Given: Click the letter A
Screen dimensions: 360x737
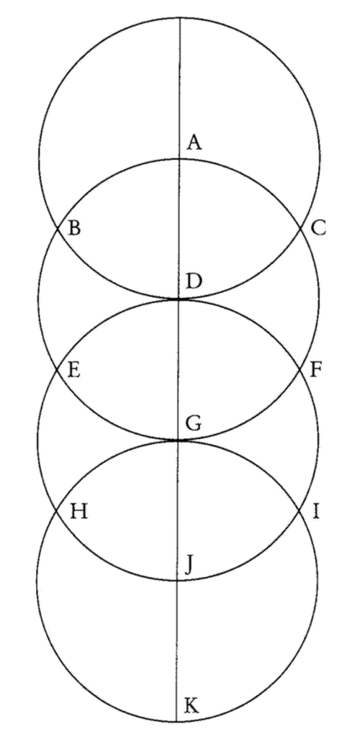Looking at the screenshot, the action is [x=194, y=142].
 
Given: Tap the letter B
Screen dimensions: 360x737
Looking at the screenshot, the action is [x=73, y=229].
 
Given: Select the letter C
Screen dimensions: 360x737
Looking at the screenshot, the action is [x=318, y=229].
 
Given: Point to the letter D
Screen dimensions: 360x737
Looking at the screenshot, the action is [x=194, y=282].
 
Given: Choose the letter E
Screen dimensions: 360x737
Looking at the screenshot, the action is [x=73, y=370].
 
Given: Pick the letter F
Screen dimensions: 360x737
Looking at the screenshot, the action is [x=316, y=370].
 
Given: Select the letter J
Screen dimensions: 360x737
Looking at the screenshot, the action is [x=189, y=567].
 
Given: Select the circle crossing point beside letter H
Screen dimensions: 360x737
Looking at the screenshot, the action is [x=56, y=510].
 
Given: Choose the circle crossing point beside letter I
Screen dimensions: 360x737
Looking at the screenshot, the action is [x=300, y=510].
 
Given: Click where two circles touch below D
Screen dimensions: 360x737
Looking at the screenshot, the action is [x=179, y=299].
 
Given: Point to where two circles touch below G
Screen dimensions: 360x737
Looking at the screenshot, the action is [x=178, y=440].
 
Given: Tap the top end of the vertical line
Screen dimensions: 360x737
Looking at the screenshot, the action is [x=180, y=18].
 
